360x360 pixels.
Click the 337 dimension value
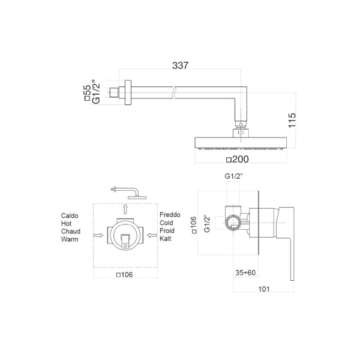(x=180, y=65)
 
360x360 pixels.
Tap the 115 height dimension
(x=292, y=121)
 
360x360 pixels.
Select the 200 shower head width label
(x=241, y=159)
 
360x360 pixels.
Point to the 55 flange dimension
(x=88, y=90)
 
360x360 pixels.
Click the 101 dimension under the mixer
(x=264, y=289)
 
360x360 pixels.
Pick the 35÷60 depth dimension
(x=245, y=272)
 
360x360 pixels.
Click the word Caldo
(x=70, y=215)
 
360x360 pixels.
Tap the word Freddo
(x=170, y=215)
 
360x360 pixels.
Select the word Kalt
(x=166, y=239)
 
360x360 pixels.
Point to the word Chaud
(x=71, y=231)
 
